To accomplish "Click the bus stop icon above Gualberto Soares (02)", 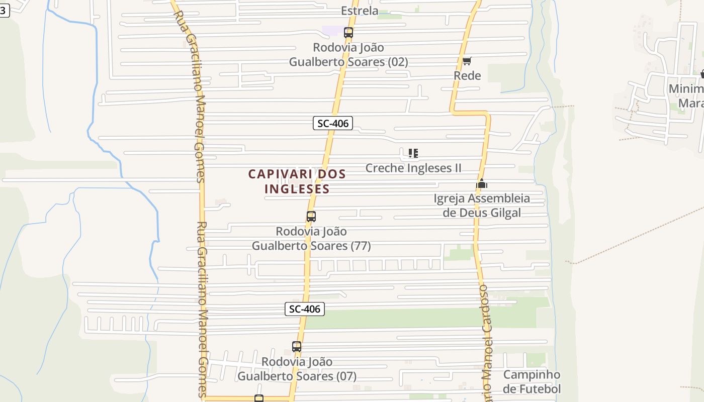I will (348, 33).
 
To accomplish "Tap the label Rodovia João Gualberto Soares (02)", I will (348, 55).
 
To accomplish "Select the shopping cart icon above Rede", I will (467, 61).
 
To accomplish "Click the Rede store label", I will (467, 76).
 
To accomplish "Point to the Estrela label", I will (360, 11).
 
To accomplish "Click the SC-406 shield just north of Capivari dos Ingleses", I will (333, 123).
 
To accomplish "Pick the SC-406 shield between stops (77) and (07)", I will (305, 309).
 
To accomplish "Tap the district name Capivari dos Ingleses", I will (297, 181).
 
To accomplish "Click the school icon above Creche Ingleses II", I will (413, 153).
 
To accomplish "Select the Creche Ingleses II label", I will (413, 168).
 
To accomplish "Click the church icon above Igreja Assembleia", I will (482, 183).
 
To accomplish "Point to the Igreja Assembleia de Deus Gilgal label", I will (482, 206).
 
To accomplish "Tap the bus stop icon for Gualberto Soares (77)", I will (311, 217).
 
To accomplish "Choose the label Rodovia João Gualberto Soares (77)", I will (311, 239).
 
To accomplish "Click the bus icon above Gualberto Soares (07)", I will (297, 347).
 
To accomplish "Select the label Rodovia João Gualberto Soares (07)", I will (297, 369).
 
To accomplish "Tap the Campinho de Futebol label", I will (532, 382).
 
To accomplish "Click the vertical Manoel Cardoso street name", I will (485, 342).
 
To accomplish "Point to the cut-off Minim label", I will (686, 89).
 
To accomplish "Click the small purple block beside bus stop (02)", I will (332, 31).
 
